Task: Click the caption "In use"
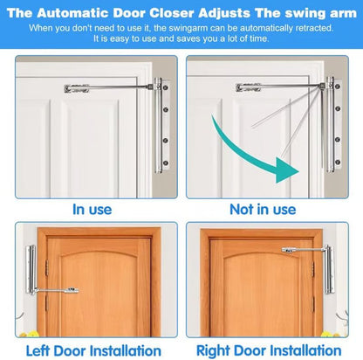[x=92, y=210]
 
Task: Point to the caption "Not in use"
[x=263, y=209]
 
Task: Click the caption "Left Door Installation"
[x=93, y=350]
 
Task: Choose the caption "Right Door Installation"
[x=269, y=350]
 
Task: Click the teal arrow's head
[x=286, y=170]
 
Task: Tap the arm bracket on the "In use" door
[x=77, y=88]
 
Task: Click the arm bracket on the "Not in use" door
[x=248, y=87]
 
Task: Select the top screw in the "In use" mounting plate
[x=166, y=87]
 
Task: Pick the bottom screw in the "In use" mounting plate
[x=166, y=163]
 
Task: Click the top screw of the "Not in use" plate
[x=338, y=87]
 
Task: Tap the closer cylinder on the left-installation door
[x=31, y=269]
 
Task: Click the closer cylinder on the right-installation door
[x=329, y=269]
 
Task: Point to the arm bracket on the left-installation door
[x=72, y=290]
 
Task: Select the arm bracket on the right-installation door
[x=289, y=250]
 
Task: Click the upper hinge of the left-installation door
[x=46, y=267]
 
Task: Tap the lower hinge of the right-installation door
[x=313, y=304]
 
